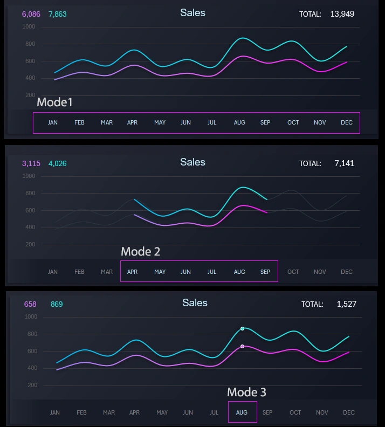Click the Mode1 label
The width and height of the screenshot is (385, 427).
[x=54, y=102]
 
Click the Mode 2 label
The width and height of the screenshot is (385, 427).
[x=140, y=251]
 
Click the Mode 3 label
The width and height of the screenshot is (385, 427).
[x=246, y=392]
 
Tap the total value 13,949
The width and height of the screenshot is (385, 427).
[x=342, y=14]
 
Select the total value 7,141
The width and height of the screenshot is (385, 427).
[x=344, y=163]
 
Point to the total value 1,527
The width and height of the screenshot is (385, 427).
[x=346, y=304]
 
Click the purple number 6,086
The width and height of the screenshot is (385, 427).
[x=31, y=14]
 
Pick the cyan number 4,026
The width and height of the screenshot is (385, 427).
[x=58, y=163]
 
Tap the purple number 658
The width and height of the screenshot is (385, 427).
[x=30, y=304]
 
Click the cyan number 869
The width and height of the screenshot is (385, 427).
[x=57, y=304]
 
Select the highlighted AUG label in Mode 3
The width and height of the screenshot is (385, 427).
[x=242, y=412]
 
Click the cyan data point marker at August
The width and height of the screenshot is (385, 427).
[x=242, y=328]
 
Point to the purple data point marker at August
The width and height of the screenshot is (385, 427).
[x=242, y=346]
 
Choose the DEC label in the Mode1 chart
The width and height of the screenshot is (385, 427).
[x=347, y=122]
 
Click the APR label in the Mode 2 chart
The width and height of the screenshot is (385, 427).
[x=132, y=272]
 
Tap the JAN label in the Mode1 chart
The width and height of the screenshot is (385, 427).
[x=53, y=122]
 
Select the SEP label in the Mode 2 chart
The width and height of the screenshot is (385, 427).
[x=265, y=272]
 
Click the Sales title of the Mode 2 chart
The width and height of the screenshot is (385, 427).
[x=192, y=162]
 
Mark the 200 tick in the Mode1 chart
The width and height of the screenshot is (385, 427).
[x=30, y=95]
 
